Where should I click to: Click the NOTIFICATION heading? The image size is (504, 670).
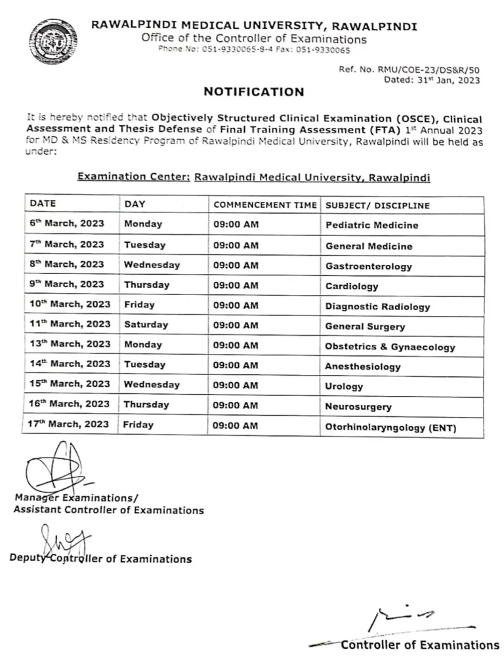pos(254,92)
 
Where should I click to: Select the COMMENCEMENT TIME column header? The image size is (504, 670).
pos(264,205)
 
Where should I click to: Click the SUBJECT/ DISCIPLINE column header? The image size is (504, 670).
pos(377,205)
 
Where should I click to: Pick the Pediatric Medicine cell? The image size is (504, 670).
pos(371,226)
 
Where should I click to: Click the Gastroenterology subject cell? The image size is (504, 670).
pos(368,266)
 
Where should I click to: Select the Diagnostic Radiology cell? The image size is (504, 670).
pos(377,306)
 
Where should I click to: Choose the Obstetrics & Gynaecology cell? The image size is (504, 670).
pos(390,347)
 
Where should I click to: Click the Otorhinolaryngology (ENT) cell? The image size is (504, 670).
pos(390,428)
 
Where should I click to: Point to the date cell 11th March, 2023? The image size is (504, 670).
pos(70,324)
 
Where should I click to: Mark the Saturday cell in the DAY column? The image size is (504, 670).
pos(146,325)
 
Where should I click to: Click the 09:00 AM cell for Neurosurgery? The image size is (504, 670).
pos(236,406)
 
